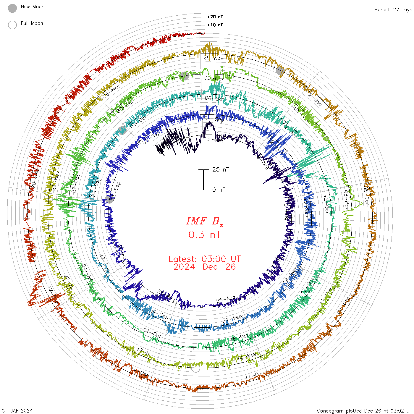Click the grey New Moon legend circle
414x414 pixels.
[x=12, y=8]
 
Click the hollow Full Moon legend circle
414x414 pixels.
[x=12, y=25]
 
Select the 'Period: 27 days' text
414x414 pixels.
[x=393, y=9]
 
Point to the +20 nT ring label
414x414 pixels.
[x=215, y=17]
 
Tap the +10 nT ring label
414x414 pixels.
[x=215, y=25]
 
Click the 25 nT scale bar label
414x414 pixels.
[x=221, y=169]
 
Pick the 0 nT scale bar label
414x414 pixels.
[x=219, y=190]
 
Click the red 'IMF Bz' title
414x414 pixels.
[x=205, y=221]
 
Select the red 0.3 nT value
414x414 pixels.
[x=205, y=235]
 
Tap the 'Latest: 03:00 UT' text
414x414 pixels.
[x=205, y=259]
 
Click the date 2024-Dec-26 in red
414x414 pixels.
[x=205, y=267]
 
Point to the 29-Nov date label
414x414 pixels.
[x=214, y=58]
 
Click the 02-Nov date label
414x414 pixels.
[x=214, y=78]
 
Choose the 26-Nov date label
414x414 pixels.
[x=111, y=91]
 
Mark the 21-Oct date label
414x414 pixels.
[x=152, y=333]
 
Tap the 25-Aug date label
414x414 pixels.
[x=226, y=300]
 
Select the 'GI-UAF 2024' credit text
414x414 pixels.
[x=17, y=411]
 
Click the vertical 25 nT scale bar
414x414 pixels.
[x=203, y=180]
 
